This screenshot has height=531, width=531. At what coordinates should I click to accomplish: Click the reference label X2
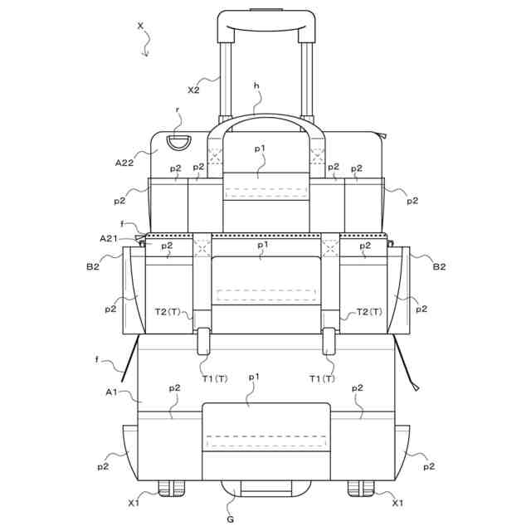pyautogui.click(x=193, y=90)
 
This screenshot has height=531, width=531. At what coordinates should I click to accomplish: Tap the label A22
pyautogui.click(x=124, y=163)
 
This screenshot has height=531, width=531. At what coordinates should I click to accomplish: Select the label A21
pyautogui.click(x=109, y=238)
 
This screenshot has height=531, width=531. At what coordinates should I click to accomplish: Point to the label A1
pyautogui.click(x=111, y=392)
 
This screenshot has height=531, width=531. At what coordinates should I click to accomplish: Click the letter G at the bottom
pyautogui.click(x=231, y=519)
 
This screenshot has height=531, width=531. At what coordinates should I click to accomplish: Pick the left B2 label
pyautogui.click(x=93, y=266)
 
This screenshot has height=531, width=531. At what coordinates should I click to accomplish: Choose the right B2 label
pyautogui.click(x=439, y=266)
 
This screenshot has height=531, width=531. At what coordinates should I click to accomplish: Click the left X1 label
pyautogui.click(x=134, y=503)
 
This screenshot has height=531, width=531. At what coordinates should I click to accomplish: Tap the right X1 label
pyautogui.click(x=397, y=503)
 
